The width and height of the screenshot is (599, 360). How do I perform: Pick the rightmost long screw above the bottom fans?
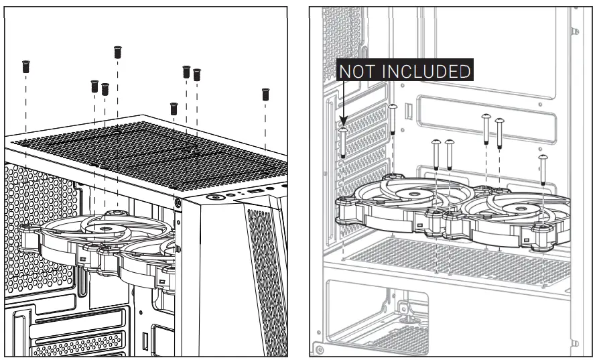[543, 170]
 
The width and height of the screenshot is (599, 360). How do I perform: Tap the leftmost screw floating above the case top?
[25, 66]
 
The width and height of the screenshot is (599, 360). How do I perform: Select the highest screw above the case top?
[117, 51]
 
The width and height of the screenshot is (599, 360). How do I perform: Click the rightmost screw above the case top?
[265, 94]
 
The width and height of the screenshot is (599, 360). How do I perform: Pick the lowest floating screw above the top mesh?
[174, 108]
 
